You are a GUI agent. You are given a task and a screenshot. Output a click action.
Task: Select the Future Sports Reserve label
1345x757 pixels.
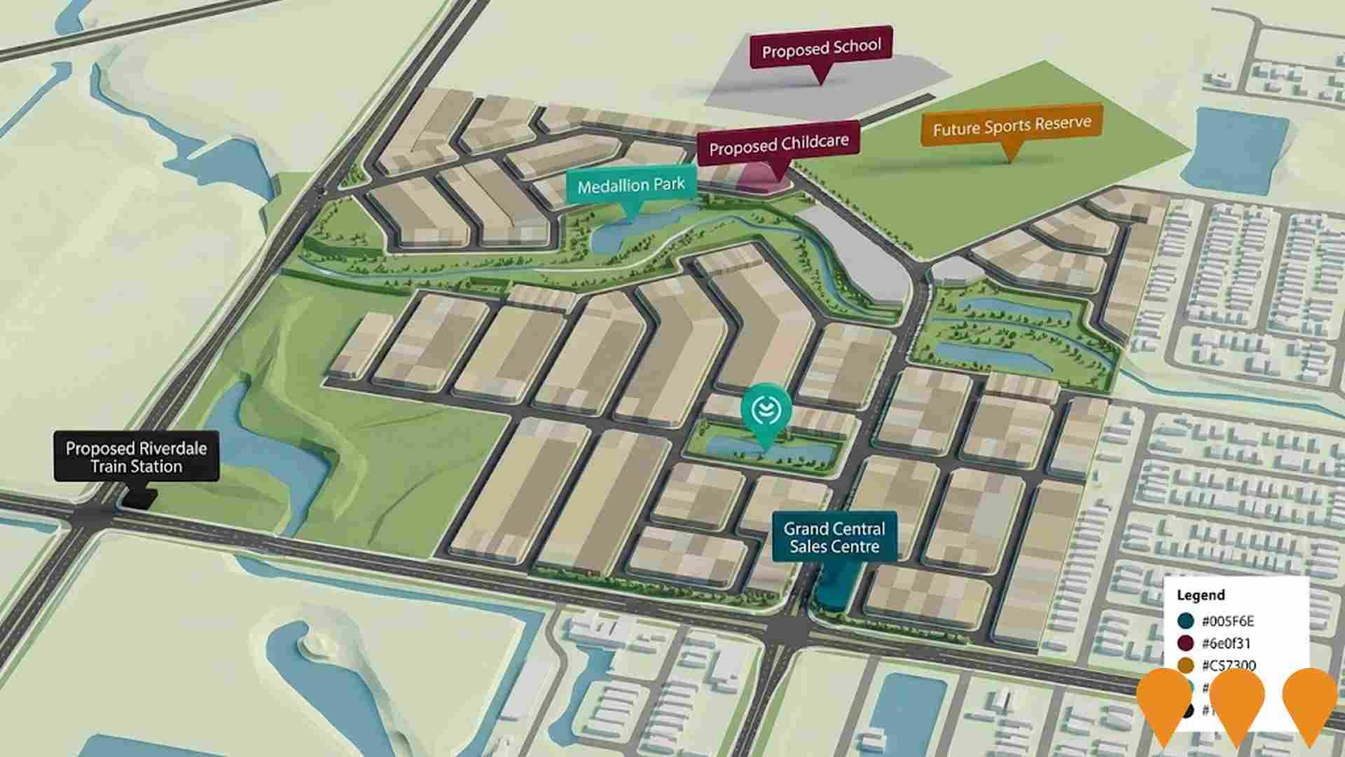point(1012,128)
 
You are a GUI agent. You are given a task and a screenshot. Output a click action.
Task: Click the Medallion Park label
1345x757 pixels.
point(631,186)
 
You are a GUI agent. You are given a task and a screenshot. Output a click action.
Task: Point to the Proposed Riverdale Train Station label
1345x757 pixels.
point(137,457)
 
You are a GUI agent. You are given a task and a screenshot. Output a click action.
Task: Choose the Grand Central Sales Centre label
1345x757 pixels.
point(834,538)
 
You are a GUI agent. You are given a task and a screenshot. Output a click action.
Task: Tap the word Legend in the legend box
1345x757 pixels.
point(1201,595)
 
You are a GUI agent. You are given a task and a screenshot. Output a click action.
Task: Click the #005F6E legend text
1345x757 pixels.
point(1227,621)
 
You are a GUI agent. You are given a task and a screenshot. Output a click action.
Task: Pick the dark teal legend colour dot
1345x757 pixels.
point(1186,621)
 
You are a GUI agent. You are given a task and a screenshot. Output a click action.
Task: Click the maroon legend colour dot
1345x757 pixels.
point(1186,643)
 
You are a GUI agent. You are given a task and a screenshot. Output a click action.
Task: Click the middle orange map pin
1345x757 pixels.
point(1236,701)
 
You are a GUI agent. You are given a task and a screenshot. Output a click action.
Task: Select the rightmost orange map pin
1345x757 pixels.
point(1310,701)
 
